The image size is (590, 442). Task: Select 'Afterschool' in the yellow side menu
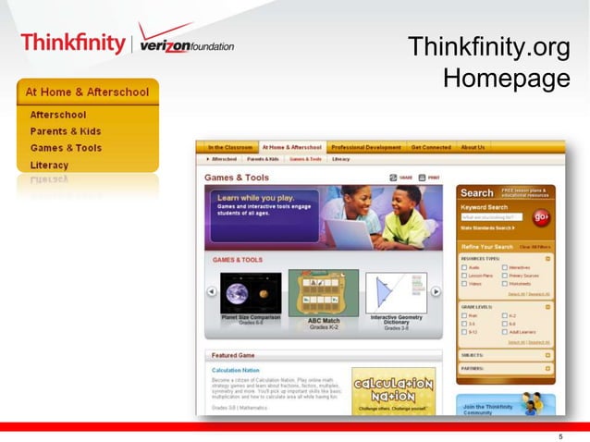pos(57,115)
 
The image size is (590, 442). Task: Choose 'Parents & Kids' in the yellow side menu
pos(64,131)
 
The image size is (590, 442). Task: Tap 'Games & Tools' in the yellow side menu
pos(66,148)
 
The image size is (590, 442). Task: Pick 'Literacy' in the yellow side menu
pos(49,165)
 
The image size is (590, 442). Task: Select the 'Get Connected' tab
pos(431,147)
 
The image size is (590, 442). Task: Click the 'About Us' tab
pos(473,147)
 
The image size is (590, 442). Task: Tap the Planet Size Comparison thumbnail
pos(251,293)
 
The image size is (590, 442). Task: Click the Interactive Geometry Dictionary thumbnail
pos(396,293)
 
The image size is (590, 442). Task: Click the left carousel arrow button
pos(211,292)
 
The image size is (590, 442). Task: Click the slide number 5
pos(560,436)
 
